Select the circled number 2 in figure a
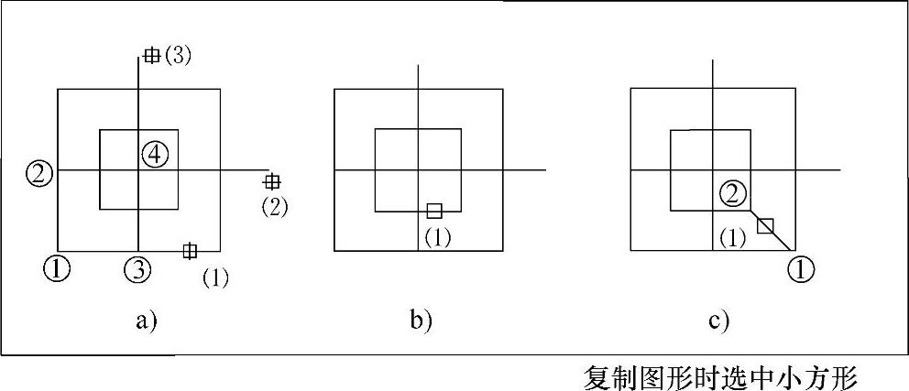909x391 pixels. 39,171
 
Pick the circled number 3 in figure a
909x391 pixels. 138,268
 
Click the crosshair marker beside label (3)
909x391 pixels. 151,56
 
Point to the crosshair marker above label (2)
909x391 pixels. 271,181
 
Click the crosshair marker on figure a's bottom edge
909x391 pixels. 190,250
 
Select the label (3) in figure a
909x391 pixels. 177,56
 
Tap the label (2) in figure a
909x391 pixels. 274,206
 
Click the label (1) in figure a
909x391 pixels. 215,277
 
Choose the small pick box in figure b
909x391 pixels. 434,210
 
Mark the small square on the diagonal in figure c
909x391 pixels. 766,225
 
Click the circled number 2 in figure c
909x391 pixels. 733,192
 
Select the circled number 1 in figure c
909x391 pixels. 801,269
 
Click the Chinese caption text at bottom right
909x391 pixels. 720,375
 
